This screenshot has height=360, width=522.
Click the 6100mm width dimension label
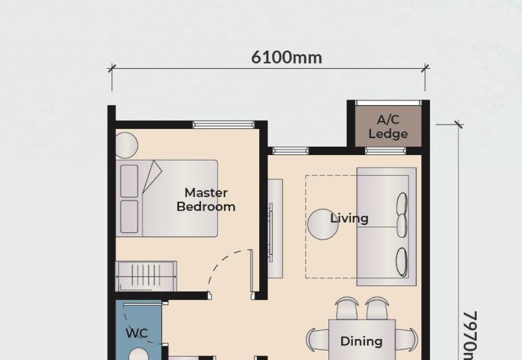286,57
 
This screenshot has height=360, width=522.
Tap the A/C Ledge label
388,127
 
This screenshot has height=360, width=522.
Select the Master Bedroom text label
206,200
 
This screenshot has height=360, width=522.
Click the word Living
349,218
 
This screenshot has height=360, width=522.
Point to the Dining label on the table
361,340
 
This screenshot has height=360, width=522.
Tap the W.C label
136,333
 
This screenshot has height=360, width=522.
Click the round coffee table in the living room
322,224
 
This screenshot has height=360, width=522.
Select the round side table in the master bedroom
127,145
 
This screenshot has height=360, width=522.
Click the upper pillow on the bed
130,181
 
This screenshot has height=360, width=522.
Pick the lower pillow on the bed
130,216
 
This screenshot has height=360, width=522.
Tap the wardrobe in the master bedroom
146,276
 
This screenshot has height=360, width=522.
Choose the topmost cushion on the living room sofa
402,203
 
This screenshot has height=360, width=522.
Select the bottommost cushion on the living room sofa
401,262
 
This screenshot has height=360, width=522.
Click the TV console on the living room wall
275,228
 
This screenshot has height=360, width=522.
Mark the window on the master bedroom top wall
223,125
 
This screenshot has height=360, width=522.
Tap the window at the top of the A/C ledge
388,103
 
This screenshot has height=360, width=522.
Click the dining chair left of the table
318,339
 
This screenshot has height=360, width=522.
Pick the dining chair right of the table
406,338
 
